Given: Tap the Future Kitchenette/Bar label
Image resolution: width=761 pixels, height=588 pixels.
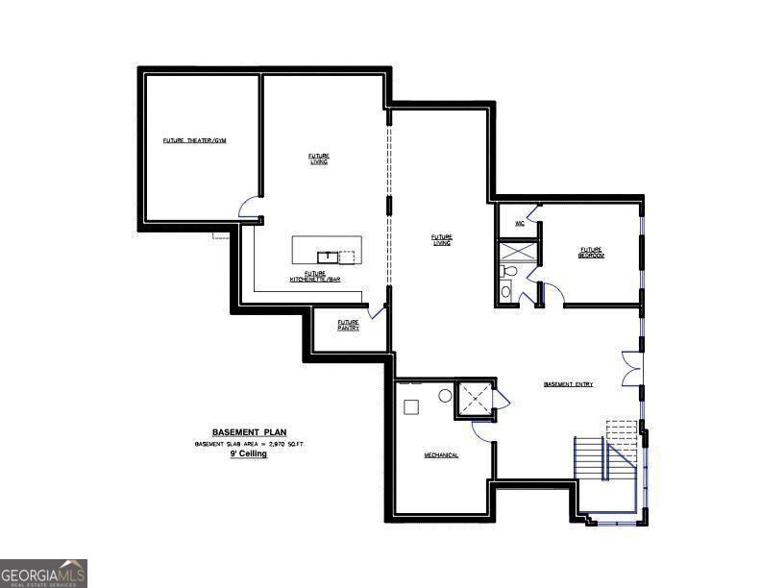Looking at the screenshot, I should pos(316,277).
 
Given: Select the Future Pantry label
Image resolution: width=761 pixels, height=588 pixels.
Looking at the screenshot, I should pos(348,325).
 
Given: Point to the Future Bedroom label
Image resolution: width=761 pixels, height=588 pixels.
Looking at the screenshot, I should pos(590,252).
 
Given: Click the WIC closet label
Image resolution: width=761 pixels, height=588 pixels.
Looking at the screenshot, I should pos(519,223).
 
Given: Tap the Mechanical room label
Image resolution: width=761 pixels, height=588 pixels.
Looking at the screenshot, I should pos(441,454).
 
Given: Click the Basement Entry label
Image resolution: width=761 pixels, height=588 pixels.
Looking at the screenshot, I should pos(568,384).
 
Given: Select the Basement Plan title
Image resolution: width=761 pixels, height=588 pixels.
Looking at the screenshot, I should pos(249,432).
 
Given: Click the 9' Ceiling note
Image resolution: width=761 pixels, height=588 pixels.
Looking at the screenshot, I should pos(248,453).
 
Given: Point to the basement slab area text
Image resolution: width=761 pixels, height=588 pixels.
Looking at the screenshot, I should pos(249,444).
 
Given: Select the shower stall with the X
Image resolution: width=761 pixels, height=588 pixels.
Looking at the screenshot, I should pos(518,252).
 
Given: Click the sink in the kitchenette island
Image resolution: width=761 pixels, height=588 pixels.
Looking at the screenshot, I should pos(328,256).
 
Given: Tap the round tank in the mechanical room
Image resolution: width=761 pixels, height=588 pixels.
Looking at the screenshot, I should pos(446,395).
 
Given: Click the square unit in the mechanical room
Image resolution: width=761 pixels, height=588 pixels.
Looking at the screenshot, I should pos(411,405).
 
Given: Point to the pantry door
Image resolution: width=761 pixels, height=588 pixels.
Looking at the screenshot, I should pos(376,311).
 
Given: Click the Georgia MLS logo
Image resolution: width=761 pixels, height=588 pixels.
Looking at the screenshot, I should pos(43,573).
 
